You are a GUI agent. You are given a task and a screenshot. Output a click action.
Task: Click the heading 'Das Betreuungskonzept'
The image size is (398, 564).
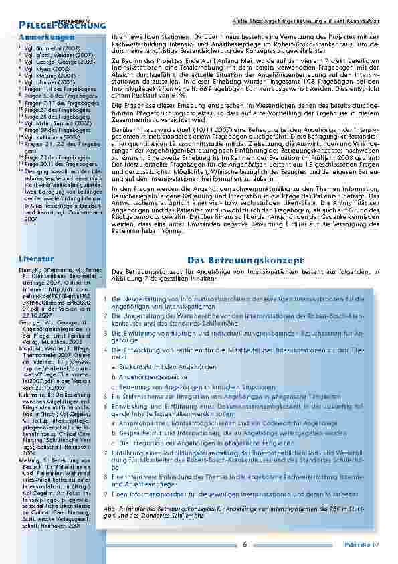click(x=245, y=259)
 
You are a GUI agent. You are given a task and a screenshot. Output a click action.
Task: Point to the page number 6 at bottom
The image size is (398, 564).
click(x=245, y=544)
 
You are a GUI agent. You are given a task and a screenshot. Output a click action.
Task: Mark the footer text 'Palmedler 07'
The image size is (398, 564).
click(x=366, y=545)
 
